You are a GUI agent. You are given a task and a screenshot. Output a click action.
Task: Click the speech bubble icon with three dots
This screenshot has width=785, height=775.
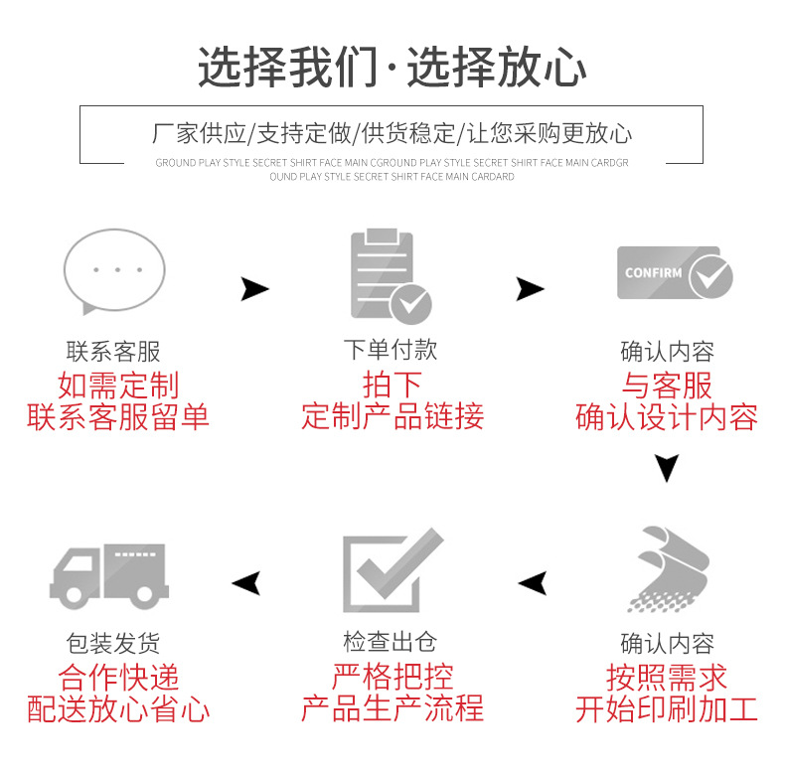pyautogui.click(x=114, y=271)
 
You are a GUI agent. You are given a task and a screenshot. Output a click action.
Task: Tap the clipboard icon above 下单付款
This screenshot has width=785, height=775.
pyautogui.click(x=388, y=275)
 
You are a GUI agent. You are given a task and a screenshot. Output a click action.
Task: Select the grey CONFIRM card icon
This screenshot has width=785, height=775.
pyautogui.click(x=674, y=272)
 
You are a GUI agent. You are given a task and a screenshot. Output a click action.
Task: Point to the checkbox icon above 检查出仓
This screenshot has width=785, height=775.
pyautogui.click(x=391, y=570)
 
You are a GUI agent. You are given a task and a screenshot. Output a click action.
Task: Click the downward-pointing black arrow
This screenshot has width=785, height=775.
pyautogui.click(x=667, y=467)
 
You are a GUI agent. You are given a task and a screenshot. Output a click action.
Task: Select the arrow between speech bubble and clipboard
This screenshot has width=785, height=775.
pyautogui.click(x=254, y=289)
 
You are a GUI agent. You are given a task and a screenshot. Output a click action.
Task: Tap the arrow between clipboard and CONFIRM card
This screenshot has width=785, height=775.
pyautogui.click(x=530, y=289)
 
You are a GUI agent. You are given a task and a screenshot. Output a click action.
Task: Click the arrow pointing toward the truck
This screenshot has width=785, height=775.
pyautogui.click(x=246, y=582)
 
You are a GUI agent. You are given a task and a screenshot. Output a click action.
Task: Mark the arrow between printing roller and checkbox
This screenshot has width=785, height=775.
pyautogui.click(x=533, y=582)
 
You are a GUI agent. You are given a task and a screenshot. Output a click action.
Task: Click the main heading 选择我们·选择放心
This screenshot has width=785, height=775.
pyautogui.click(x=392, y=68)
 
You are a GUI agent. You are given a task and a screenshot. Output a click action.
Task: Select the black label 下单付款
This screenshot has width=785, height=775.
pyautogui.click(x=391, y=351)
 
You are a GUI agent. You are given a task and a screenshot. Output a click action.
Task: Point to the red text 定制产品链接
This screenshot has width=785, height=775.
pyautogui.click(x=392, y=415)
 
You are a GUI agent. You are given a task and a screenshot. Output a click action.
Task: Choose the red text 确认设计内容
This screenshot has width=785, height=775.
pyautogui.click(x=667, y=417)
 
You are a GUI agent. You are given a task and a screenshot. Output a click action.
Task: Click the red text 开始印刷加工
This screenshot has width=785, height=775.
pyautogui.click(x=667, y=709)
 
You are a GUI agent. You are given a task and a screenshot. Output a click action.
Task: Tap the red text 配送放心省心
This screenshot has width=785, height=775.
pyautogui.click(x=118, y=709)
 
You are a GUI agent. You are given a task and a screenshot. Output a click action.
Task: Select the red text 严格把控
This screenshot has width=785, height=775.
pyautogui.click(x=392, y=677)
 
